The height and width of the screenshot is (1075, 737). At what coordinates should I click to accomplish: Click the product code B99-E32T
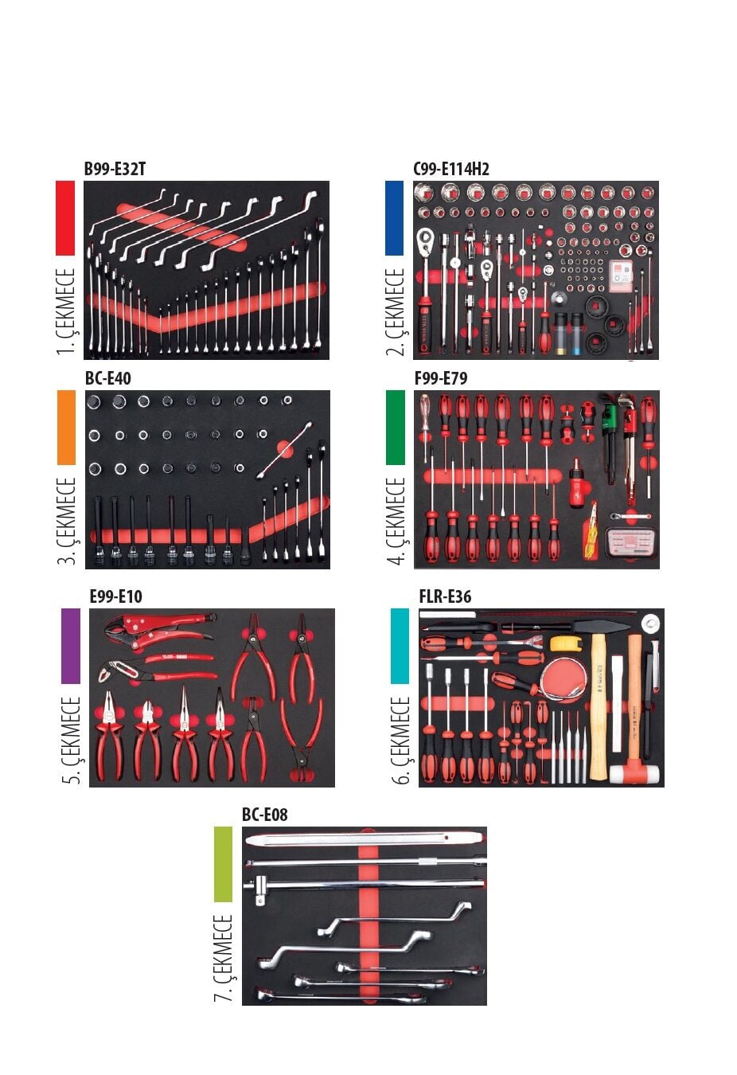point(115,169)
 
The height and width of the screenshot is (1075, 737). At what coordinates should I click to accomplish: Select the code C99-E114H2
point(450,169)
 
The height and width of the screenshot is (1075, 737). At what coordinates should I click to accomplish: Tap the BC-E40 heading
point(107,378)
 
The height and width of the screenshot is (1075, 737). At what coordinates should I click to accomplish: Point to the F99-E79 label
point(440,378)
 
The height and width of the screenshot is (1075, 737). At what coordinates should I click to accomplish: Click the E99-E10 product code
point(115,596)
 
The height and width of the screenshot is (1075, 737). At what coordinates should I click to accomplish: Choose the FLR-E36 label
point(445,596)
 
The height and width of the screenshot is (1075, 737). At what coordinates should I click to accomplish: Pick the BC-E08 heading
point(264,815)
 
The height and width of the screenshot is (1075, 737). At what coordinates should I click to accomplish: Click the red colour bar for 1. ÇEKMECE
point(65,217)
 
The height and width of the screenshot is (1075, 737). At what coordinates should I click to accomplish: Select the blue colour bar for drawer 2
point(394,217)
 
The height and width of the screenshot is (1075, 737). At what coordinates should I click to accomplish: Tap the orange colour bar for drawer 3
point(66,427)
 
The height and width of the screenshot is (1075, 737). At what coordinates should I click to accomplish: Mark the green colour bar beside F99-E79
point(395,427)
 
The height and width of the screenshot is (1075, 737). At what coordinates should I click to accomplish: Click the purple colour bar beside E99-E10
point(71,646)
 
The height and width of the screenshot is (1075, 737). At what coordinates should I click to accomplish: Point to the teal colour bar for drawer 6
point(400,646)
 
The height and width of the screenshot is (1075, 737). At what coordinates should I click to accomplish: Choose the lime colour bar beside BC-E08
point(223,864)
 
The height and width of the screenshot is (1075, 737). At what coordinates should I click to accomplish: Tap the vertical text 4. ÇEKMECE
point(396,522)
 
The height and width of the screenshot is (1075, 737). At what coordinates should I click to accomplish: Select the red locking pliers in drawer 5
point(159,626)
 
